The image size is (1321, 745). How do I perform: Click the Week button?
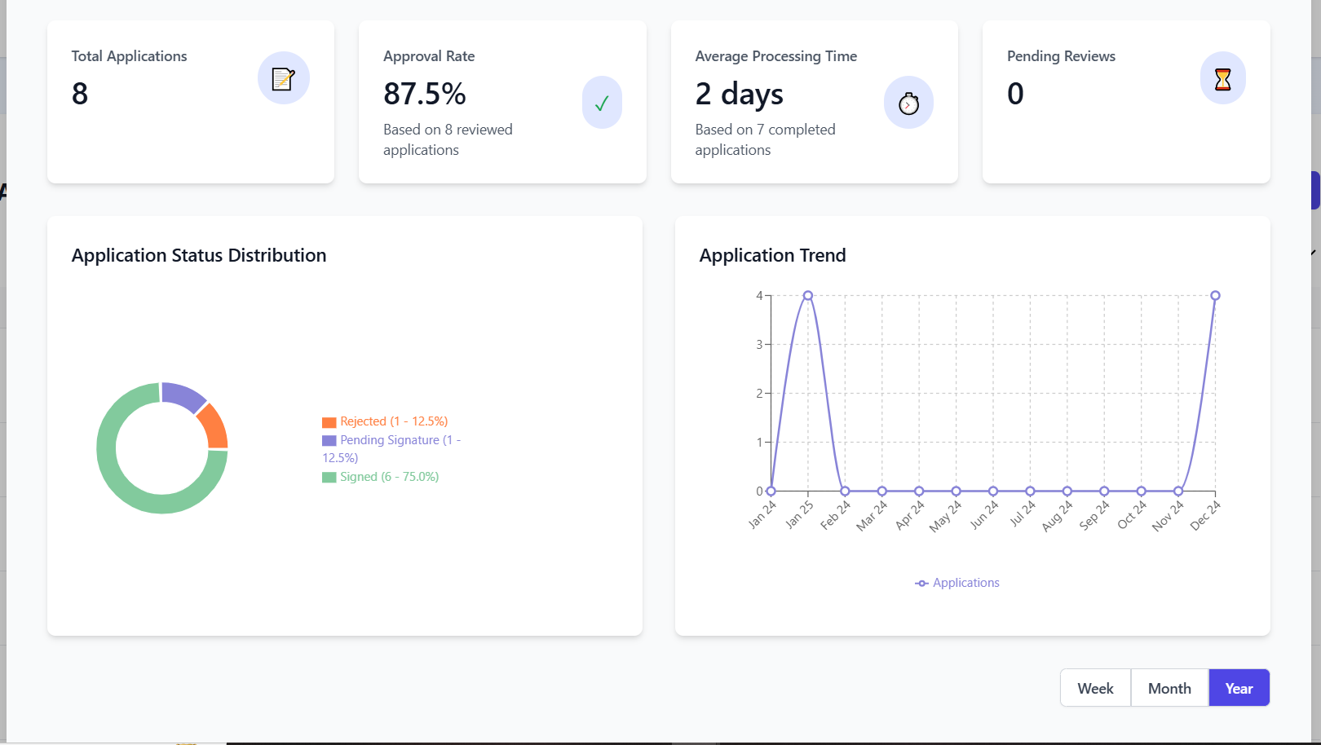(x=1095, y=688)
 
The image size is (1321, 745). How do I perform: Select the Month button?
(x=1169, y=688)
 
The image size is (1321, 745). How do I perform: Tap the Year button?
(x=1239, y=688)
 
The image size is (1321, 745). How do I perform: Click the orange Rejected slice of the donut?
(x=214, y=426)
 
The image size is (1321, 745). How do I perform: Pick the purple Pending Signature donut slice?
(x=183, y=395)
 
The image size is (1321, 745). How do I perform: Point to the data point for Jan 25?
(x=808, y=296)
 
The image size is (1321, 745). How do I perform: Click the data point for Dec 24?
(x=1215, y=296)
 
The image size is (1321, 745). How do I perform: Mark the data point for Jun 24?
(x=993, y=491)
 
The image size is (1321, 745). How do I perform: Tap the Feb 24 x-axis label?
(x=836, y=515)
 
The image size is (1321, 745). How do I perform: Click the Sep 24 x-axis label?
(x=1094, y=515)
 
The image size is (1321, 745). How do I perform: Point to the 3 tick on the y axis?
(x=759, y=345)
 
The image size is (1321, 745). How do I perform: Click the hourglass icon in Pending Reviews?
(x=1222, y=79)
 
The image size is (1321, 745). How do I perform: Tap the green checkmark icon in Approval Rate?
(x=602, y=104)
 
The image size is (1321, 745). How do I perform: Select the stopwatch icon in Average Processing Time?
(x=908, y=104)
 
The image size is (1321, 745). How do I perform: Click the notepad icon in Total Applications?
(x=283, y=79)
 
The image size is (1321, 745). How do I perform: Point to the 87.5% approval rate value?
(x=425, y=94)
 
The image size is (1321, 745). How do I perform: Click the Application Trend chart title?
(x=772, y=255)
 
